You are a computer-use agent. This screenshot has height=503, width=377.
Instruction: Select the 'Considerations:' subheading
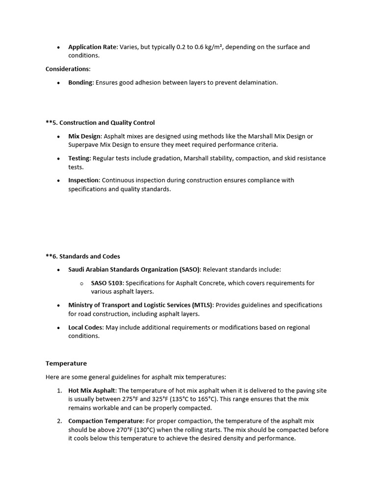tap(68, 69)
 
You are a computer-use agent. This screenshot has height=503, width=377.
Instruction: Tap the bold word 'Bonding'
tap(81, 83)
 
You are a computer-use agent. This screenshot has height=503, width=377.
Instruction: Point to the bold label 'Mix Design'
tap(84, 136)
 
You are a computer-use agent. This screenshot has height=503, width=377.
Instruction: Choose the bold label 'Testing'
tap(80, 158)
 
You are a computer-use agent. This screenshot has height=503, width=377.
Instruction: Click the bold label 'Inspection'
tap(83, 180)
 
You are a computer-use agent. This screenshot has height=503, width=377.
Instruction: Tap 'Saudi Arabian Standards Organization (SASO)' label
tap(135, 270)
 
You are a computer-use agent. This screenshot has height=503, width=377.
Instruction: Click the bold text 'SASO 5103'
tap(107, 283)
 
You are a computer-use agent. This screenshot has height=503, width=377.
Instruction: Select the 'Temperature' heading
tap(66, 363)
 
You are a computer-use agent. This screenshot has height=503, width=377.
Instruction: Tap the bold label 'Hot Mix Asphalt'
tap(92, 391)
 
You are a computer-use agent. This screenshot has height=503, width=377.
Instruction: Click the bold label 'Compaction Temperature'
tap(106, 421)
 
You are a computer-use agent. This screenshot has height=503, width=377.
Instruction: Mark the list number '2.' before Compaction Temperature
tap(59, 421)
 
